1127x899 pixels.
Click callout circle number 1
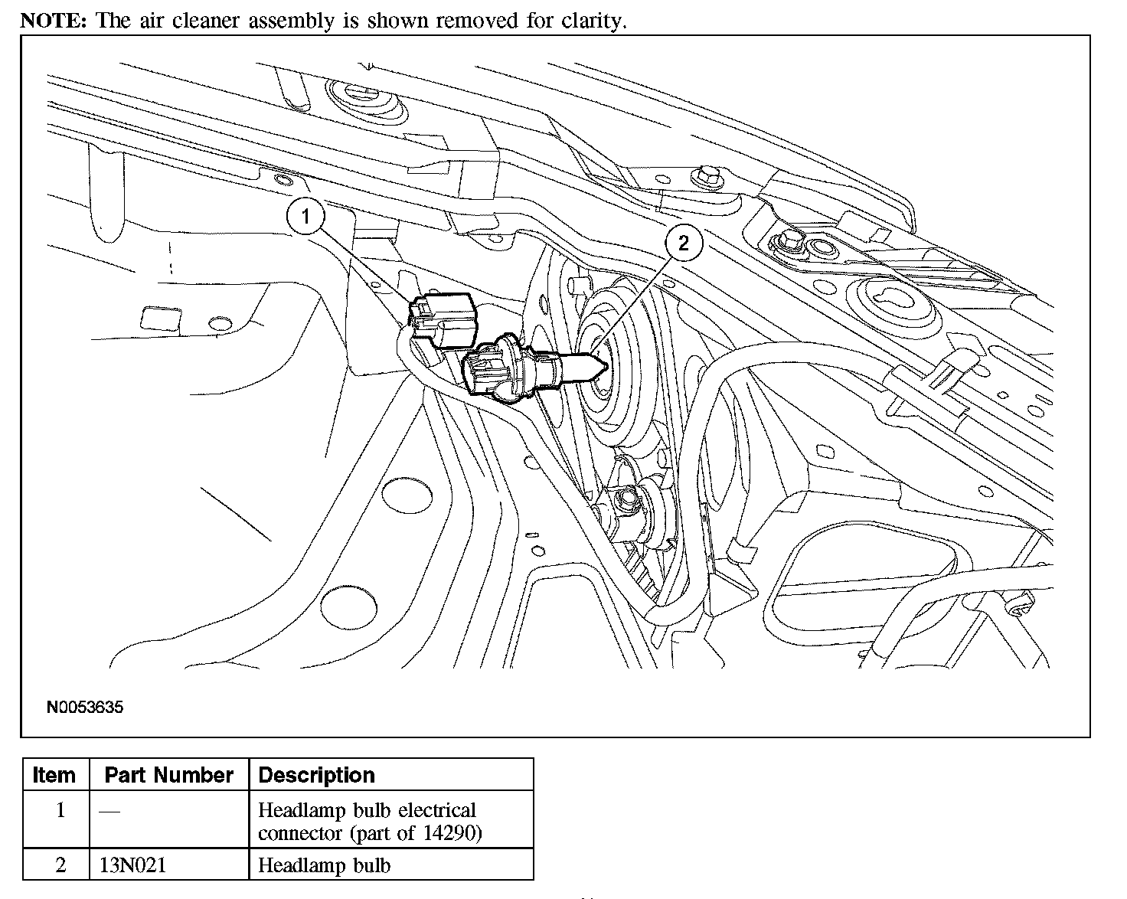pyautogui.click(x=306, y=217)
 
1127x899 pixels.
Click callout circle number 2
pyautogui.click(x=683, y=244)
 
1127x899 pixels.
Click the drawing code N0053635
pyautogui.click(x=85, y=707)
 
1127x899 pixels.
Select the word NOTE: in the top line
pyautogui.click(x=54, y=21)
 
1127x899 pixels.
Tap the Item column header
pyautogui.click(x=54, y=775)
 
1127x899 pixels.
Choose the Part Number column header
pyautogui.click(x=168, y=775)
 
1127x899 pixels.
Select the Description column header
pyautogui.click(x=317, y=775)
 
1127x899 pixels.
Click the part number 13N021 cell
pyautogui.click(x=133, y=866)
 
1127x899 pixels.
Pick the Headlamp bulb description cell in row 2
pyautogui.click(x=325, y=866)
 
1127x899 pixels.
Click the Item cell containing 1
pyautogui.click(x=60, y=810)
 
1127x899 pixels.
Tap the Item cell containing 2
pyautogui.click(x=60, y=866)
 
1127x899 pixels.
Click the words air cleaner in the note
pyautogui.click(x=183, y=21)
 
